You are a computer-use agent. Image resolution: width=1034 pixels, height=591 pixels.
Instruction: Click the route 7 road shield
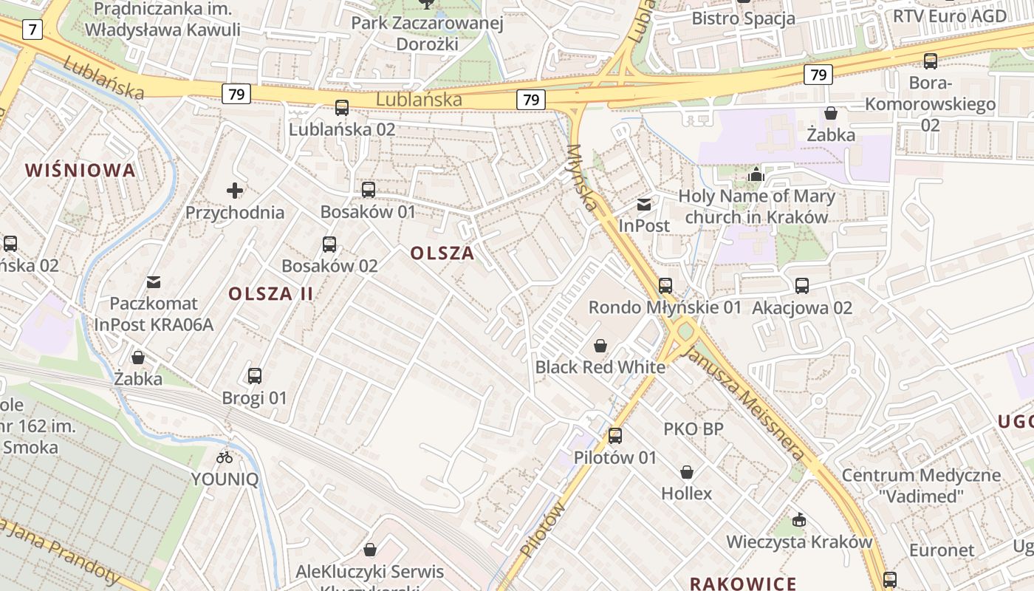[32, 30]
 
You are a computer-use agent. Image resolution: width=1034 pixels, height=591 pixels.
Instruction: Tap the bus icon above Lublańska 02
[342, 108]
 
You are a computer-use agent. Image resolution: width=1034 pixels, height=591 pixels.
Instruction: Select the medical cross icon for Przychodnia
[235, 191]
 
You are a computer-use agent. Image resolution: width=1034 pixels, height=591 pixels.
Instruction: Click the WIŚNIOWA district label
[81, 171]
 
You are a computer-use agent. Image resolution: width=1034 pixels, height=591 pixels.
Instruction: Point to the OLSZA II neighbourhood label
[271, 293]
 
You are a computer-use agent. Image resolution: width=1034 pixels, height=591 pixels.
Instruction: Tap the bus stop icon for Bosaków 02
[329, 245]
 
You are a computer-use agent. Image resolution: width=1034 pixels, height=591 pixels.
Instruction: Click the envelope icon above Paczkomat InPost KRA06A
[154, 282]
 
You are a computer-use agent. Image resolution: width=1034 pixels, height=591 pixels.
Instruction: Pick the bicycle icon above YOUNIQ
[225, 458]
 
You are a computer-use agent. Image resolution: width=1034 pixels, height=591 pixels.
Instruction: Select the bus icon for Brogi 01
[255, 376]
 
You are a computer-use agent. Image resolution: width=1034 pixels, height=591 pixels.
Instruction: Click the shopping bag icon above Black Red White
[600, 346]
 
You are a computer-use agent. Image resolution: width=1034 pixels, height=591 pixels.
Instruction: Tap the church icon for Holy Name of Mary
[756, 175]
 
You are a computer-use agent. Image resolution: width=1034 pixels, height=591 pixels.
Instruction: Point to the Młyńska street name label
[582, 177]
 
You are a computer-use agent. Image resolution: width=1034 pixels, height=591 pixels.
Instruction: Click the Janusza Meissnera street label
[745, 402]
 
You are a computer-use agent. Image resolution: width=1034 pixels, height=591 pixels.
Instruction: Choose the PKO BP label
[693, 429]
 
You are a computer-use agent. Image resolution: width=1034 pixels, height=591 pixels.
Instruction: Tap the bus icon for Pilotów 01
[615, 436]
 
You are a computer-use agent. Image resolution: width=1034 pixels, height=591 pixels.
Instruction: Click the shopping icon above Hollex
[687, 472]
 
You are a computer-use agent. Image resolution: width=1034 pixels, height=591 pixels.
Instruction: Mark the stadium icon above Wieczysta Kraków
[798, 520]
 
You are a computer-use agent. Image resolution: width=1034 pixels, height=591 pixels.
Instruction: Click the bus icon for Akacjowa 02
[802, 286]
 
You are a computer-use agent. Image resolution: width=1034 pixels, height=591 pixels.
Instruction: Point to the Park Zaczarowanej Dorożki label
[427, 33]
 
